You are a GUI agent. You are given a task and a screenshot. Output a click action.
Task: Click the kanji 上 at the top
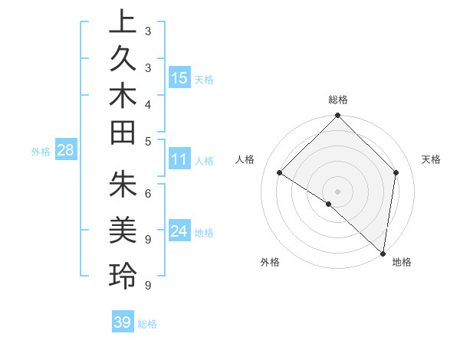click(x=123, y=22)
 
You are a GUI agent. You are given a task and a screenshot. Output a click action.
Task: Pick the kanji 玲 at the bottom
click(x=123, y=277)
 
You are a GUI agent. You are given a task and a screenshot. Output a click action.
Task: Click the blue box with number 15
click(x=179, y=78)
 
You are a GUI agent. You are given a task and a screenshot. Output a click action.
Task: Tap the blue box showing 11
click(x=179, y=160)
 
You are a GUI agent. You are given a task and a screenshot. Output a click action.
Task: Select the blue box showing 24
click(x=179, y=231)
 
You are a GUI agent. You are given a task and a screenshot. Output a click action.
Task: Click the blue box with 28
click(x=66, y=150)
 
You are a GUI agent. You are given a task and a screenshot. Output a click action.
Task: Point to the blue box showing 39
click(x=122, y=322)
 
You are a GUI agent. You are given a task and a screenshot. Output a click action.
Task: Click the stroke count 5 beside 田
click(x=147, y=141)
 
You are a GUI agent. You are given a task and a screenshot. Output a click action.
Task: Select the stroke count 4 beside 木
click(x=147, y=104)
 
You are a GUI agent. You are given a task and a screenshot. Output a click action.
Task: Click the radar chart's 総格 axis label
click(x=338, y=100)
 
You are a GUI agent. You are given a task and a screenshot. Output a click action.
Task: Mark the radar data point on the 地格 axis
click(x=383, y=253)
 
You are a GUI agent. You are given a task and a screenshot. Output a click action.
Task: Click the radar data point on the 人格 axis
click(x=280, y=172)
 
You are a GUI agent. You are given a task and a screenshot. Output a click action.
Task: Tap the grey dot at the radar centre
click(x=338, y=191)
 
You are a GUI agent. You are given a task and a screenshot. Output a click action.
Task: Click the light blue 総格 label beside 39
click(x=147, y=324)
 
